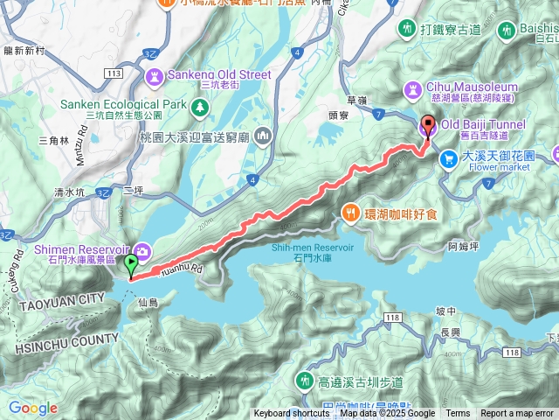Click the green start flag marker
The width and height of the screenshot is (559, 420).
(x=132, y=262)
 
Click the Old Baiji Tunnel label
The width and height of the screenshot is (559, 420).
(x=483, y=125)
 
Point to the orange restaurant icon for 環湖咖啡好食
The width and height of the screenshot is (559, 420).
(x=350, y=212)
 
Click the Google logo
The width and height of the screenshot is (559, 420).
(x=32, y=408)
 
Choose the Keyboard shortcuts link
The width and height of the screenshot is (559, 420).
(x=292, y=414)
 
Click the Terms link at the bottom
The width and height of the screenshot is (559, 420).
(x=458, y=414)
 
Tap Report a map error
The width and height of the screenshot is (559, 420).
(x=517, y=414)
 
